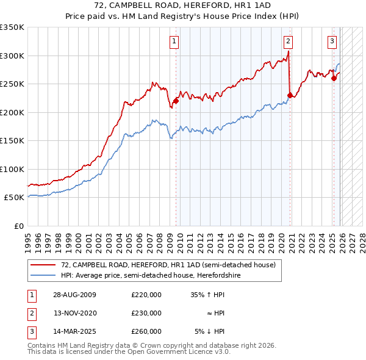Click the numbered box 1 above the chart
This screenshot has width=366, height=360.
click(174, 41)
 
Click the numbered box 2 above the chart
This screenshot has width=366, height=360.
click(287, 41)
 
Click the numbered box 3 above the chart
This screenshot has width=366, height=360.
click(332, 41)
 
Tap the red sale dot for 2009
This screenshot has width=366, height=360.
click(176, 101)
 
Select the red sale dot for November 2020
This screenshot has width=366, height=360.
click(290, 95)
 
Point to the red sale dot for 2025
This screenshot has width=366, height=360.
click(334, 78)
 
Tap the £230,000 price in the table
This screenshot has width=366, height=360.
click(146, 313)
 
